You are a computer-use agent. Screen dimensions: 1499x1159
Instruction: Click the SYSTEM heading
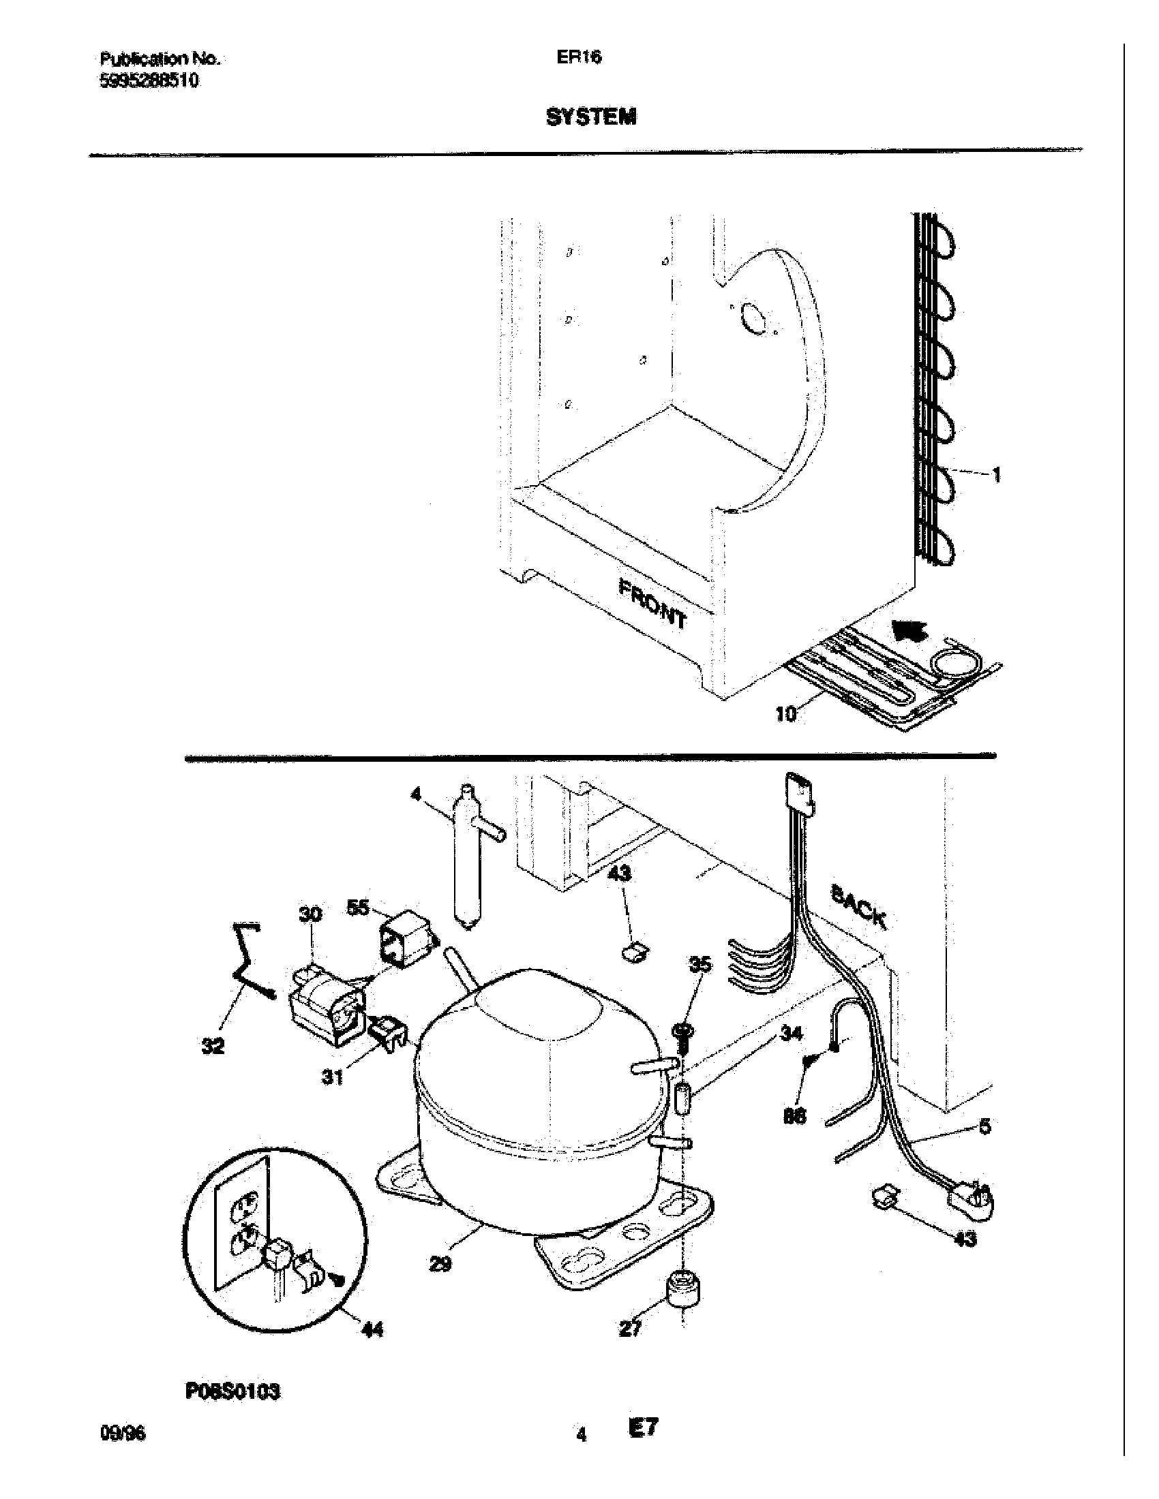click(x=590, y=117)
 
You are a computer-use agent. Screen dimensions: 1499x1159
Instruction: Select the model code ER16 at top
click(x=579, y=59)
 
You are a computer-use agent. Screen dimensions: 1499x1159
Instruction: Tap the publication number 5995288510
click(x=150, y=80)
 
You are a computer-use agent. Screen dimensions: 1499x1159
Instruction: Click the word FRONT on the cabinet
click(x=652, y=603)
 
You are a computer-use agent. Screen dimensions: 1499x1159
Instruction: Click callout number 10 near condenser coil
click(x=785, y=714)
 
